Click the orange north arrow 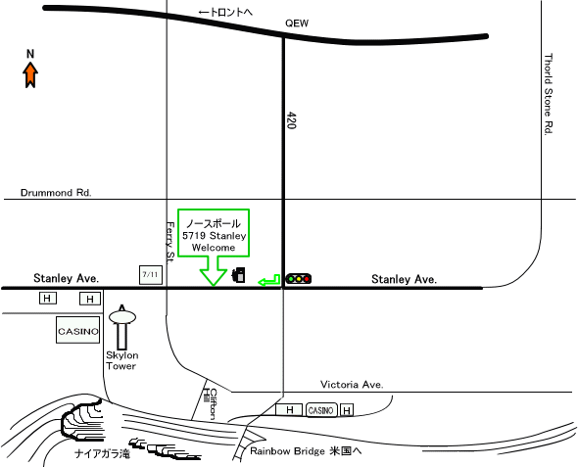pos(30,74)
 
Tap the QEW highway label pos(297,23)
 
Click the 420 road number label pos(291,120)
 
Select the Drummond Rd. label pos(56,193)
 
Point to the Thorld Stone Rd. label pos(549,94)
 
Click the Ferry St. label pos(170,243)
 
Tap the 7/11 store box pos(151,275)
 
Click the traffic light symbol pos(299,279)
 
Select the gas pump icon pos(238,275)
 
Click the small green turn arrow pos(269,281)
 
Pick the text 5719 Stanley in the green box pos(215,236)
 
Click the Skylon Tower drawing pos(122,327)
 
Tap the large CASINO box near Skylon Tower pos(77,330)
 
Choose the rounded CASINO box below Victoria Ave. pos(321,410)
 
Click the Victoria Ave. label pos(352,385)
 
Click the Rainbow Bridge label pos(287,451)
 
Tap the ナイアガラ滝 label pos(103,453)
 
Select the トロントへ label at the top pos(225,12)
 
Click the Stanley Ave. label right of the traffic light pos(404,279)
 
